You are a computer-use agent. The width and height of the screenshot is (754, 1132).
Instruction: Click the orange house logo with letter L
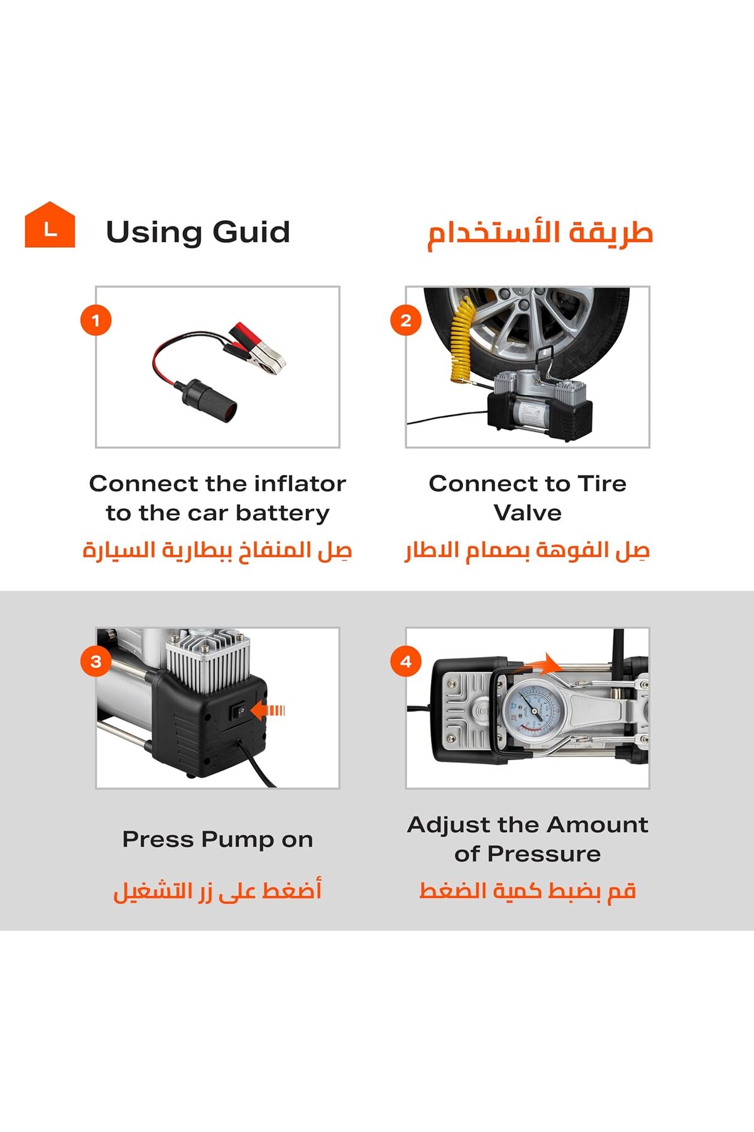(x=50, y=225)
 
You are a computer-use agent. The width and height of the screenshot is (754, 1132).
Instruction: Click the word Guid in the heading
(x=251, y=232)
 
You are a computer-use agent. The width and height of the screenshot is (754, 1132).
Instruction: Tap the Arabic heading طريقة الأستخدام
(x=540, y=233)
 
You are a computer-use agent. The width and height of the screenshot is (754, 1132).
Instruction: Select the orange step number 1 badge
(x=96, y=321)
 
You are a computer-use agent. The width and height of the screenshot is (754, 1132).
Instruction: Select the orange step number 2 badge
(x=406, y=321)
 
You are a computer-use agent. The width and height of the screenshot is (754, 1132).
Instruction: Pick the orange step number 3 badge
(x=96, y=662)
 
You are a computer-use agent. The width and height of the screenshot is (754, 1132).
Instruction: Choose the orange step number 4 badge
(x=406, y=662)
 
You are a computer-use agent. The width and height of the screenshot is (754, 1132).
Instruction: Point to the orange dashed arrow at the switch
(x=268, y=711)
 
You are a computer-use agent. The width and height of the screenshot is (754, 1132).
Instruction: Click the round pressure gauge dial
(x=533, y=710)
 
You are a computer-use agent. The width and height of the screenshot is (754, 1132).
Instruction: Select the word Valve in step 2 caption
(x=527, y=513)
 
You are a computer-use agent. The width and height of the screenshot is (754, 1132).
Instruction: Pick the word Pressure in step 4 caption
(x=544, y=854)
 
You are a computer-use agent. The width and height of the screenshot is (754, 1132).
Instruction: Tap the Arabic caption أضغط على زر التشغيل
(x=217, y=891)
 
